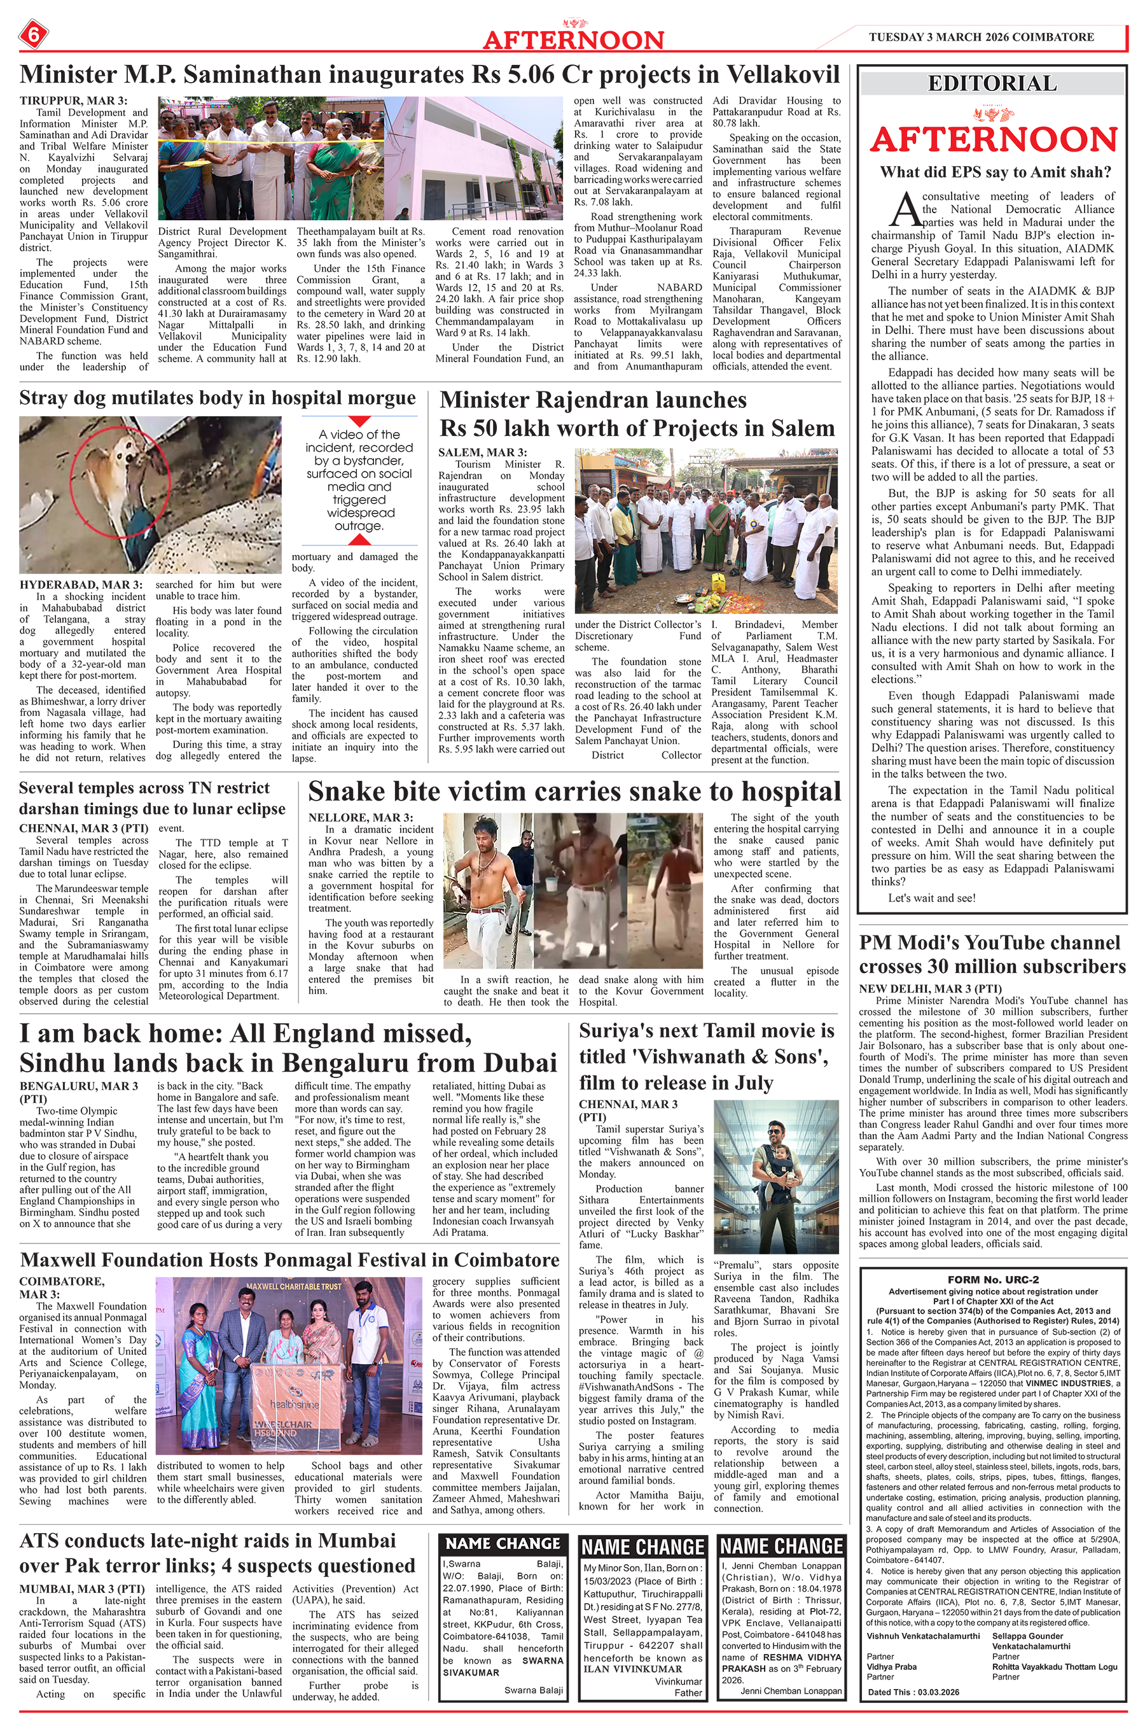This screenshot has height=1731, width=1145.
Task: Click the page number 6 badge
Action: (32, 34)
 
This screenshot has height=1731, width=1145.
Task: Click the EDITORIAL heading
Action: (992, 83)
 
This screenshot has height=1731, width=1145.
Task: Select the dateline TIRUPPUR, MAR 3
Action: (73, 101)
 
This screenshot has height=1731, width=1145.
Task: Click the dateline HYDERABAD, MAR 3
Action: (81, 584)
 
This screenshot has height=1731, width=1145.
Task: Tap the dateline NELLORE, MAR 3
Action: (360, 817)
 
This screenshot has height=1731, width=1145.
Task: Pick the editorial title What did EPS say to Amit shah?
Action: (996, 172)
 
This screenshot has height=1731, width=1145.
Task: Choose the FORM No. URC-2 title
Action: (992, 1280)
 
